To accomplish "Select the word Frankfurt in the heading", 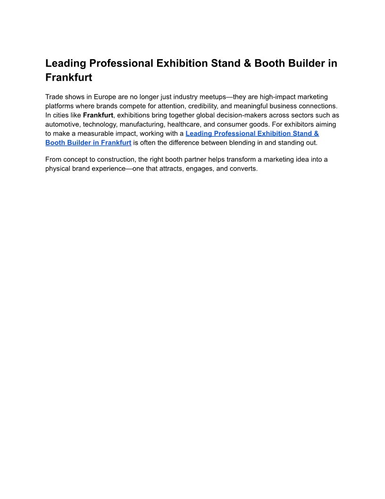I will click(68, 77).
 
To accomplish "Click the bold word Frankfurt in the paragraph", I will click(98, 115).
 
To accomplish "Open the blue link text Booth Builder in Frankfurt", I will click(88, 143).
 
